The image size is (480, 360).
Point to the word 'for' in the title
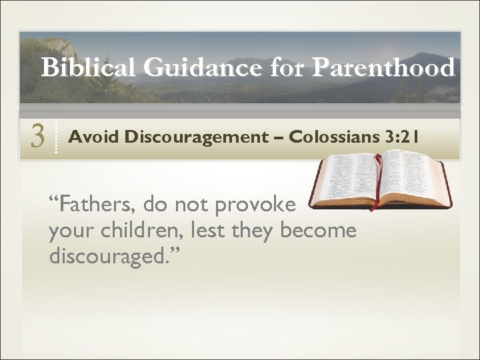click(x=291, y=68)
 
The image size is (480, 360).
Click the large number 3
click(x=37, y=137)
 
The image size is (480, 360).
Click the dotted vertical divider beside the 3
click(x=56, y=137)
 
